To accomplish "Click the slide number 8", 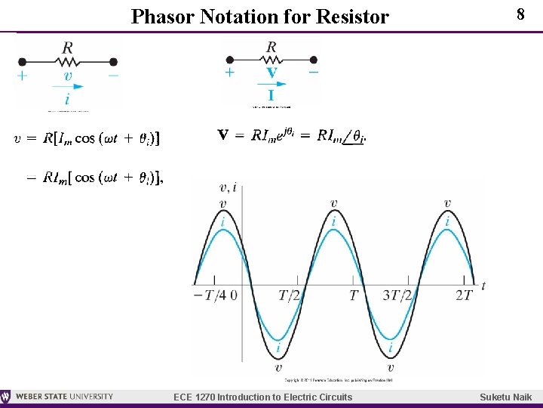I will click(520, 14).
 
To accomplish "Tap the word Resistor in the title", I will click(354, 16).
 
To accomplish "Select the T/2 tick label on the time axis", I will click(290, 295).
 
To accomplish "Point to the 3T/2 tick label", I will click(397, 295).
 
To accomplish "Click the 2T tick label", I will click(464, 295).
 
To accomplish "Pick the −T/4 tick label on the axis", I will click(210, 295).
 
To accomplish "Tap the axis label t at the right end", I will click(483, 285).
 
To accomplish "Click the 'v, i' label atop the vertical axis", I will click(227, 188).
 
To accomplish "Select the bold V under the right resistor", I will click(271, 74).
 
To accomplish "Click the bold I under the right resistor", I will click(271, 95).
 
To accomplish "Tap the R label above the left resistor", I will click(68, 48).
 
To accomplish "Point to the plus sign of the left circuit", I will click(23, 76).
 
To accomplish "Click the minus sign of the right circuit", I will click(313, 73).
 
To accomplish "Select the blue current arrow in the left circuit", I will click(68, 87).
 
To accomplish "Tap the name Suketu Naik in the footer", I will click(506, 397).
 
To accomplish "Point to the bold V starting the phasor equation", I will click(224, 135).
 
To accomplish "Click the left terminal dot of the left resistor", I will click(23, 62).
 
